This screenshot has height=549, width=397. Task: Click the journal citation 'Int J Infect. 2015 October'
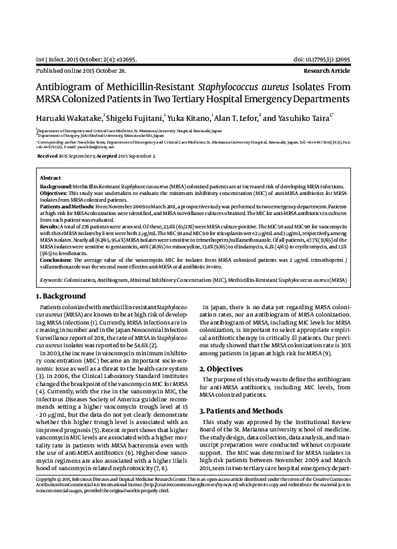click(68, 59)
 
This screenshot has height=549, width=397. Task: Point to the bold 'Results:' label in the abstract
click(51, 228)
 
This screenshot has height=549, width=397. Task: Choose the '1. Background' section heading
click(61, 297)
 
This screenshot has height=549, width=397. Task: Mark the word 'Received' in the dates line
click(48, 155)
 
